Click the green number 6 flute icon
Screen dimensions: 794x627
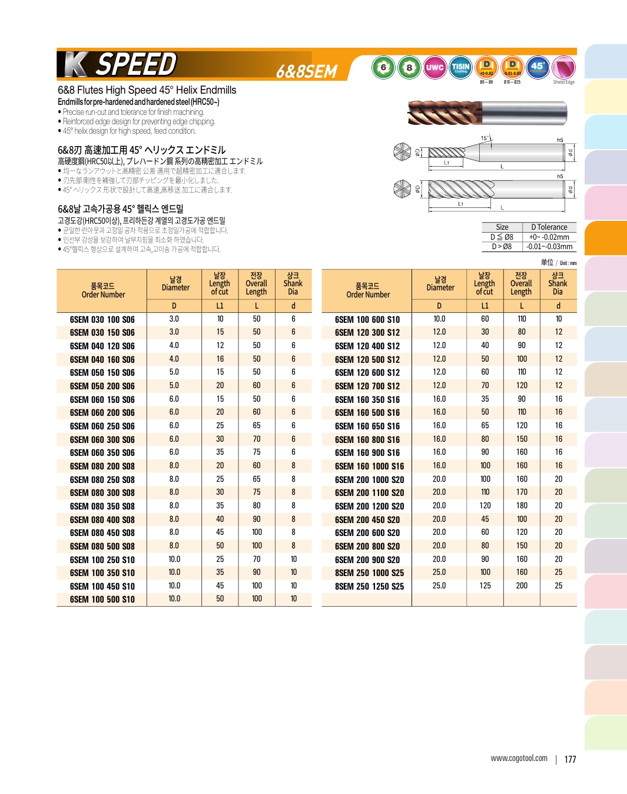(383, 68)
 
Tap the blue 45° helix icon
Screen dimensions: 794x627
(538, 68)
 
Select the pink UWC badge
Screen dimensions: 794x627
(434, 68)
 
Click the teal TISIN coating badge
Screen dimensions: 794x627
(460, 68)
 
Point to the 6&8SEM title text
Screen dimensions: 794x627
(307, 71)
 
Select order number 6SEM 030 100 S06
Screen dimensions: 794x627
(102, 319)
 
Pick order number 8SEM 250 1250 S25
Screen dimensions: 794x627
(369, 586)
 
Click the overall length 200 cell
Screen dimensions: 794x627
(522, 585)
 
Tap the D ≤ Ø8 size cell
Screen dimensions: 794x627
(502, 237)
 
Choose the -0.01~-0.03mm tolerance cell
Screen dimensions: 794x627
(549, 247)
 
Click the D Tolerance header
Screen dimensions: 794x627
(549, 227)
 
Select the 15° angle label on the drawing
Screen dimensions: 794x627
(485, 138)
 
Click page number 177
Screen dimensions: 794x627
(570, 759)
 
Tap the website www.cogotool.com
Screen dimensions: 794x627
(519, 758)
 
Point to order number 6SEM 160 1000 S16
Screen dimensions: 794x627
(369, 466)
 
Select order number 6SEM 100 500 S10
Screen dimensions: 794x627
(102, 599)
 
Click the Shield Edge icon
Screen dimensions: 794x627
(563, 68)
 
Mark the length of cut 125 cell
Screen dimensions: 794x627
(485, 585)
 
